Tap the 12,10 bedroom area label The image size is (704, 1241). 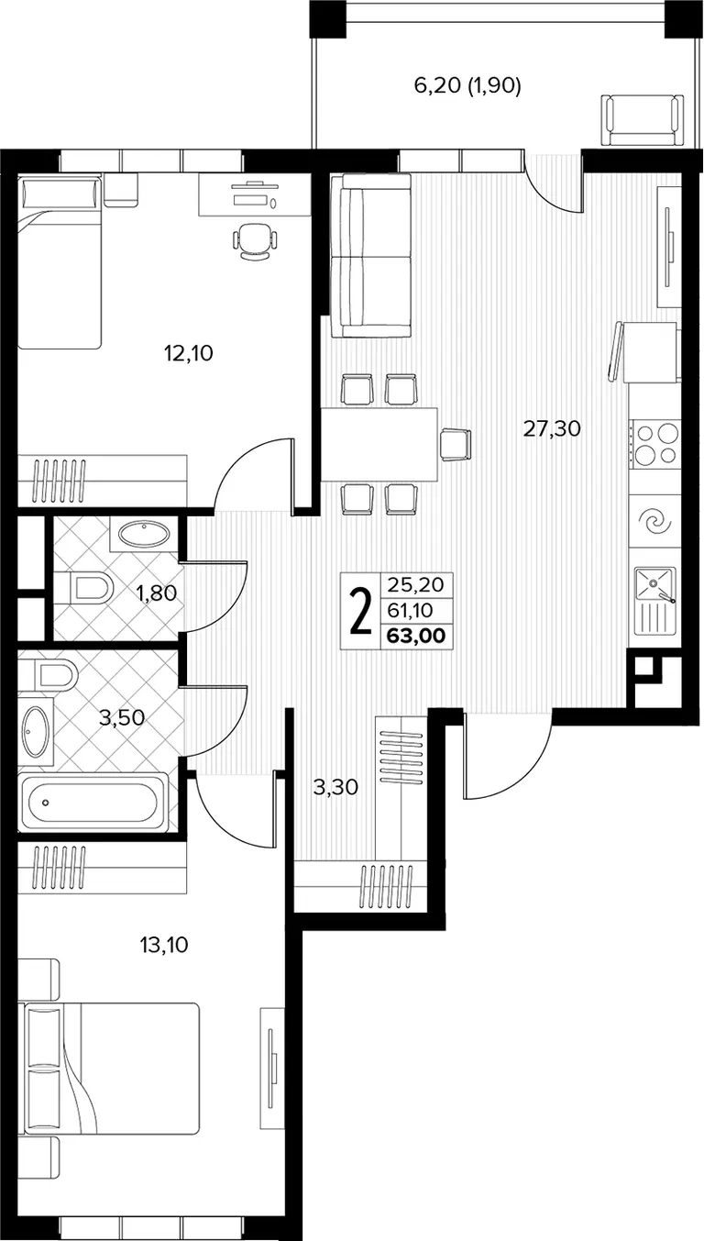[188, 353]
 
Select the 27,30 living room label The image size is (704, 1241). [552, 428]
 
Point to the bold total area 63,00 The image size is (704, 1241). [415, 636]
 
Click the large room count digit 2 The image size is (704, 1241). [360, 611]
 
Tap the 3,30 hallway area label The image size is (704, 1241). [335, 787]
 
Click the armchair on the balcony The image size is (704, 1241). [642, 121]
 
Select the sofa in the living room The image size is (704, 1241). [370, 255]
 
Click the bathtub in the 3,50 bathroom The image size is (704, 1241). [93, 803]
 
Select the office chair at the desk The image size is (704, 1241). [254, 240]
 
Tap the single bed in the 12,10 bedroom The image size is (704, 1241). [60, 260]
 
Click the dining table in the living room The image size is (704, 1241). [379, 444]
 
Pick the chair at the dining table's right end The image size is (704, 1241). [456, 444]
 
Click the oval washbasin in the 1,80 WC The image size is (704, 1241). [144, 534]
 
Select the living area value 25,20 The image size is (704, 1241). [415, 584]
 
